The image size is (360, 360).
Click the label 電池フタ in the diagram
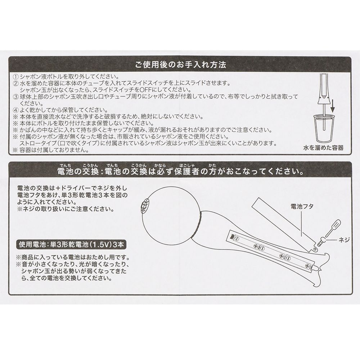(x=302, y=206)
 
